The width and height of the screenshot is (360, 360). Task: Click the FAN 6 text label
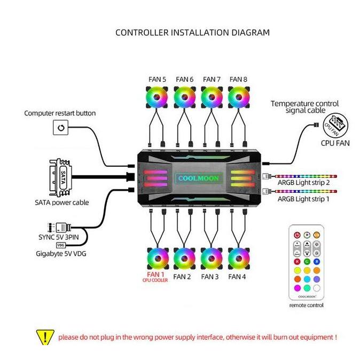(184, 80)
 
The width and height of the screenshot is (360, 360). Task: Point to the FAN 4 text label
(238, 277)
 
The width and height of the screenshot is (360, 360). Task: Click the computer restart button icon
(60, 128)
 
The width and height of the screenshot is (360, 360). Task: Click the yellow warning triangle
(45, 337)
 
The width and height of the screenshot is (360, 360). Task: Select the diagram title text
(192, 33)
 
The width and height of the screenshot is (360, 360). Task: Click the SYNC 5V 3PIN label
(60, 236)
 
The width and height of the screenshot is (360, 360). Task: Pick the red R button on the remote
(296, 261)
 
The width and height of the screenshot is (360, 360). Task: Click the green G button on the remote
(307, 261)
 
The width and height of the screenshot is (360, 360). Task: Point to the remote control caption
(306, 306)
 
